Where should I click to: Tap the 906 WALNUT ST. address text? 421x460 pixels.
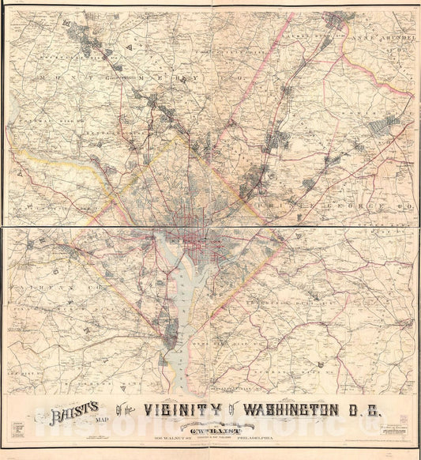pos(146,432)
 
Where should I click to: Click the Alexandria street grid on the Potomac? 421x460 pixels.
pos(167,341)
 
